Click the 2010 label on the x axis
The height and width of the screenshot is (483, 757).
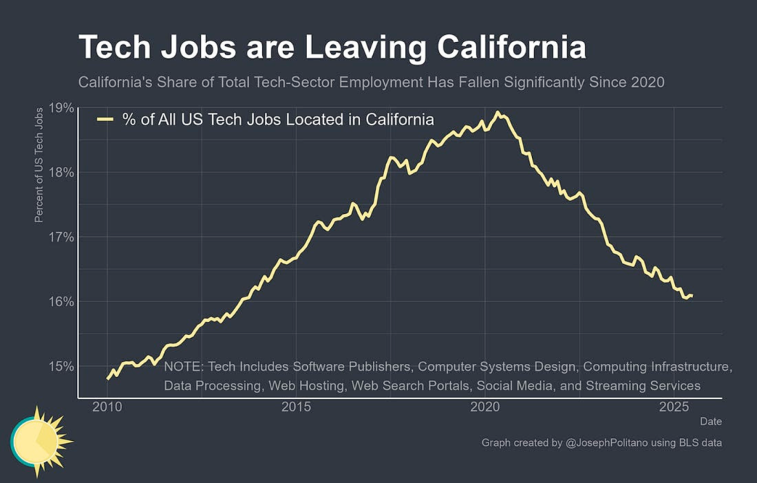tap(108, 407)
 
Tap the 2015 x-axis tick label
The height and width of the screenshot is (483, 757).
tap(296, 407)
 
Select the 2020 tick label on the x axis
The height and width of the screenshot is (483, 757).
tap(485, 407)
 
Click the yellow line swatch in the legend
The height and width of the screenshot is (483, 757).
tap(105, 120)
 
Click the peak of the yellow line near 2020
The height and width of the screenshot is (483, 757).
tap(498, 112)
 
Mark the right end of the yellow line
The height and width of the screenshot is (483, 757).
tap(693, 295)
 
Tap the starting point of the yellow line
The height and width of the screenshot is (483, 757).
tap(108, 379)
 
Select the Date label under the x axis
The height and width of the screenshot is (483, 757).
tap(710, 421)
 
